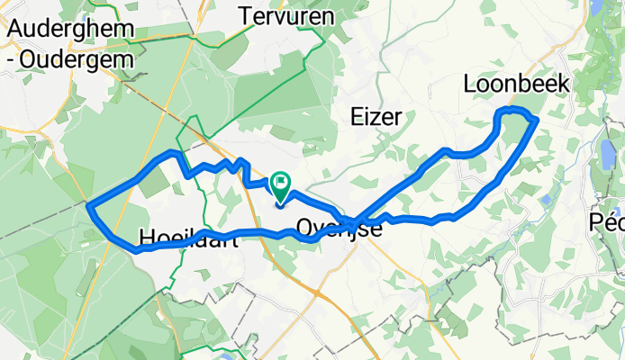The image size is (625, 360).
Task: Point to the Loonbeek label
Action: coord(516,84)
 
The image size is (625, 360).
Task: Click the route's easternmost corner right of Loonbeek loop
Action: coord(537,118)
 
